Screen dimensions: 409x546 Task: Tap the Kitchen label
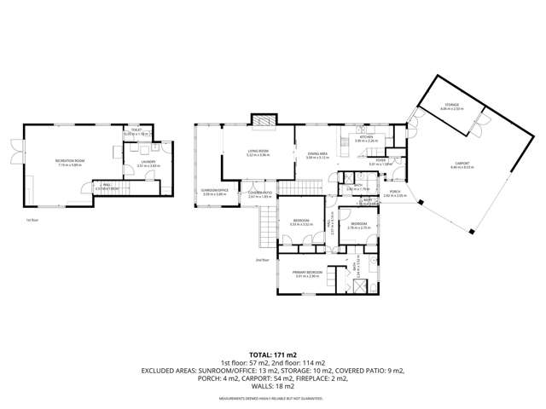click(x=366, y=136)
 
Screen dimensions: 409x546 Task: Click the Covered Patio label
click(x=259, y=193)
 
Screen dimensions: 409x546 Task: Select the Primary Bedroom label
click(x=307, y=273)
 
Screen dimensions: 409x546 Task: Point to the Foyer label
click(x=381, y=160)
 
